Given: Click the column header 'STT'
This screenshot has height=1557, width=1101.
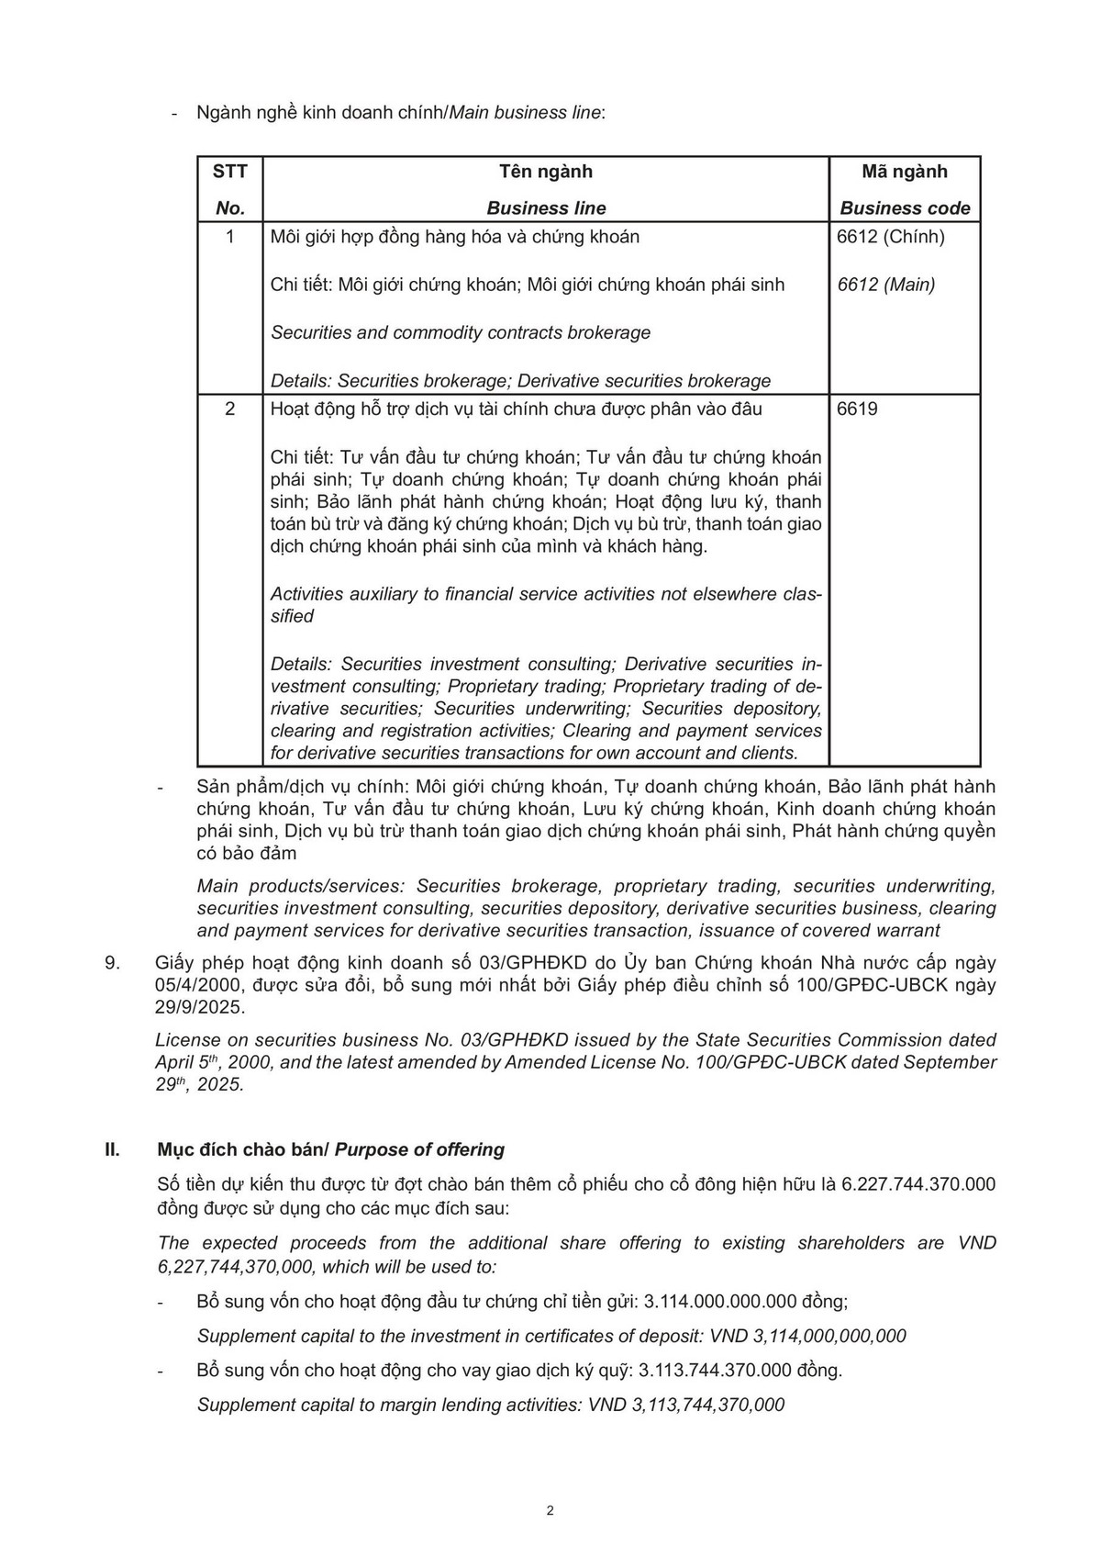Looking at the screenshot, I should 229,172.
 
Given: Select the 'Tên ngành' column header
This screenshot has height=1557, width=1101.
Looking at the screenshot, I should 546,172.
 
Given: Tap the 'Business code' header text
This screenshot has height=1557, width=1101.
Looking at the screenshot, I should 905,208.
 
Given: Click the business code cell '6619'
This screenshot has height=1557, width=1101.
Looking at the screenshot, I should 857,409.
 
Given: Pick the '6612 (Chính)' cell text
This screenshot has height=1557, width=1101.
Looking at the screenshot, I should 890,237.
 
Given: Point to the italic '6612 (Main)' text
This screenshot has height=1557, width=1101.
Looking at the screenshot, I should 886,285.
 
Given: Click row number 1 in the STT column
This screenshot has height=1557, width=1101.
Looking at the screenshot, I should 229,237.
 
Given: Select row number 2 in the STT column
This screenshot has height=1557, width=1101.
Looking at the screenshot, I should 229,409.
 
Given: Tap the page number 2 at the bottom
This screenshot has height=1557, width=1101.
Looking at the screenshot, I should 550,1511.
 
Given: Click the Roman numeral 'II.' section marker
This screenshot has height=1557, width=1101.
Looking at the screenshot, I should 113,1149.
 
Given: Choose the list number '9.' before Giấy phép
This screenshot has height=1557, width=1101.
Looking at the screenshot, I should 113,963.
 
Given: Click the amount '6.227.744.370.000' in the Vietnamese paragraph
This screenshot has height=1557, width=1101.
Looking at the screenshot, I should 918,1184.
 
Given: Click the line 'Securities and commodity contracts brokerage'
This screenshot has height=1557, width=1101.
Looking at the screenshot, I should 461,332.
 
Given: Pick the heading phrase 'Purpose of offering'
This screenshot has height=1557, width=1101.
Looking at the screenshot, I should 420,1149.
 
